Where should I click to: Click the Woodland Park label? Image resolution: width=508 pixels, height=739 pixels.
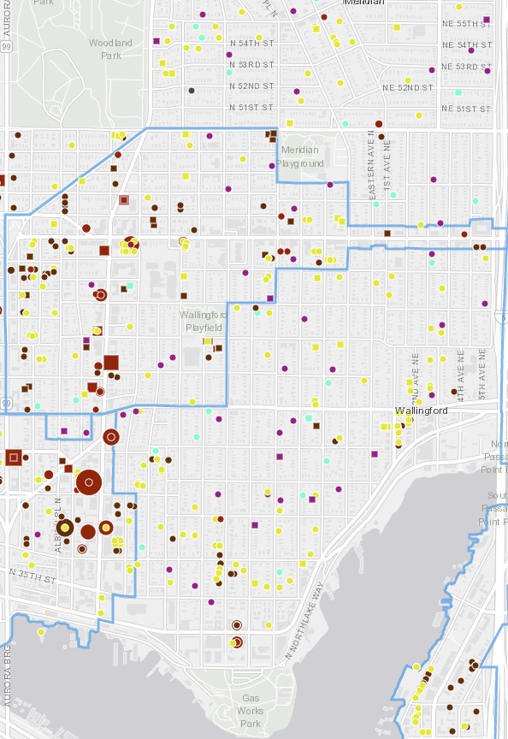[x=111, y=49]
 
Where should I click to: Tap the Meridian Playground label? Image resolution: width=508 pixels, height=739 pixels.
[x=303, y=156]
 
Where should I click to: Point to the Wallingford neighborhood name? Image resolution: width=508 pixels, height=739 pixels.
[x=422, y=411]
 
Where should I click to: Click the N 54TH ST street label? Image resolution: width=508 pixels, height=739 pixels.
[x=251, y=43]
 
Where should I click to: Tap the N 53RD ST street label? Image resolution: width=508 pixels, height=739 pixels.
[x=251, y=64]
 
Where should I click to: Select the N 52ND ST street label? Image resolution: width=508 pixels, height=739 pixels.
[x=251, y=86]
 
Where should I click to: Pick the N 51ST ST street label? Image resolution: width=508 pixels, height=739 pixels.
[x=251, y=107]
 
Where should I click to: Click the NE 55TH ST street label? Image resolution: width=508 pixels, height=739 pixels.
[x=468, y=23]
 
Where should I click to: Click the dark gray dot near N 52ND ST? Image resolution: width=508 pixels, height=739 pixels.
[x=192, y=90]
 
